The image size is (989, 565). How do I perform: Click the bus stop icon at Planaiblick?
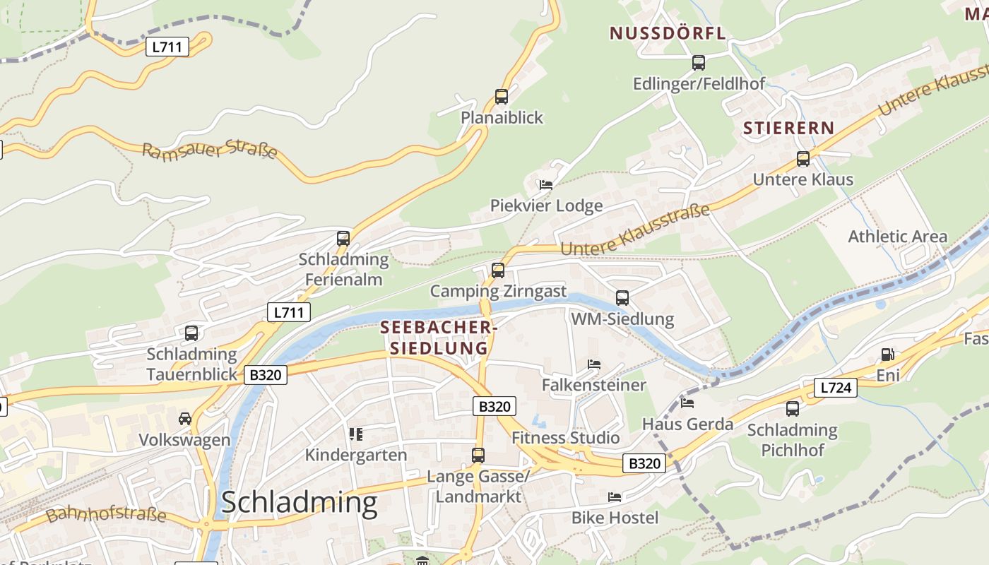[502, 97]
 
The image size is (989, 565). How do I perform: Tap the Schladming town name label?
[299, 502]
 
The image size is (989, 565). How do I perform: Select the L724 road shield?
[836, 387]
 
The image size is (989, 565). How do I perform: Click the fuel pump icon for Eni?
[887, 355]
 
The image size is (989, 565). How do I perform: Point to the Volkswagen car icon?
[185, 419]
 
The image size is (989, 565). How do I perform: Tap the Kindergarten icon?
[355, 434]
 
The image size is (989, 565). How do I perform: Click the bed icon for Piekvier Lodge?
[545, 185]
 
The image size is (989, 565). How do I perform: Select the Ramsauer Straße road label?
[210, 150]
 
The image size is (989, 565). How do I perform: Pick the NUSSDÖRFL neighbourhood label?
[668, 33]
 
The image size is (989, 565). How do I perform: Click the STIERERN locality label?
[788, 128]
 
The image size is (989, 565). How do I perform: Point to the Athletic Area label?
[897, 237]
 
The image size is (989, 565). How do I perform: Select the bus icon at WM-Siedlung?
[622, 298]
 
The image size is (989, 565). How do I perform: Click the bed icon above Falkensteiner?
[594, 364]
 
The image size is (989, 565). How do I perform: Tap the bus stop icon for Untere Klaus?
[803, 159]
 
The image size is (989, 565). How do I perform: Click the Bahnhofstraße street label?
[106, 513]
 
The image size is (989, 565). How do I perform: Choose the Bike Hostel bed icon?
[615, 497]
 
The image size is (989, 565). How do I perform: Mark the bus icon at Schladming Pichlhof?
[793, 408]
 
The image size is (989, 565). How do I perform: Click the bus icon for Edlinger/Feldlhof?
[699, 63]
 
